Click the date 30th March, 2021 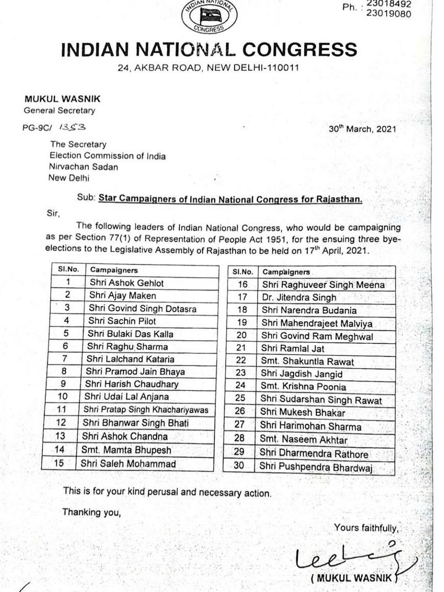[362, 129]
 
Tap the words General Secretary [60, 110]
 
